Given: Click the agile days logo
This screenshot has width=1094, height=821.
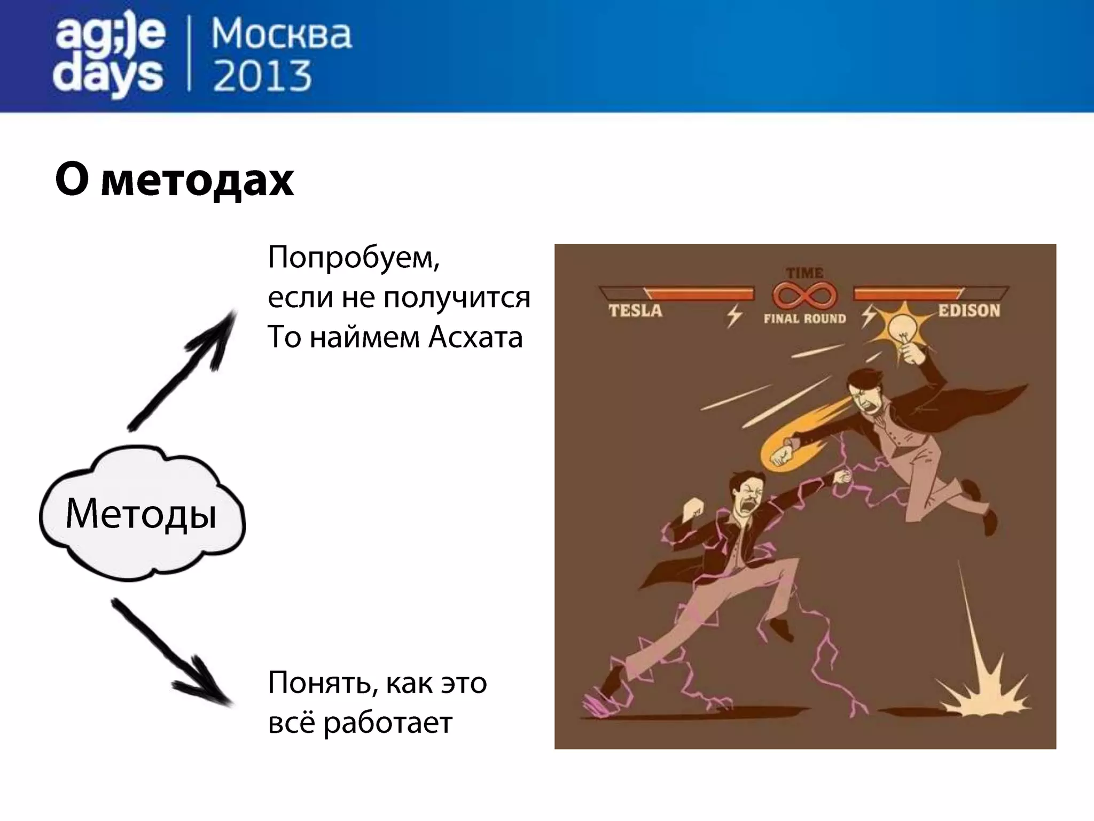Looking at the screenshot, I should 110,56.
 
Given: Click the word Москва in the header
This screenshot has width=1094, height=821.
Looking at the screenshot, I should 282,35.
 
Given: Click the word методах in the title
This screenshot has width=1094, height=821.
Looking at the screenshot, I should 197,180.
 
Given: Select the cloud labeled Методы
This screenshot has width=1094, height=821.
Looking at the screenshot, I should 142,514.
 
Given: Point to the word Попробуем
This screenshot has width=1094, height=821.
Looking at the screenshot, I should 353,258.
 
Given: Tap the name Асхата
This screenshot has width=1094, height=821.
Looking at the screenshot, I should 475,338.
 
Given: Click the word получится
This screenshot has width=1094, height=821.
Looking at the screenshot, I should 457,298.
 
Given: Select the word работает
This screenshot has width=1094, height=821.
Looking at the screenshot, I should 388,723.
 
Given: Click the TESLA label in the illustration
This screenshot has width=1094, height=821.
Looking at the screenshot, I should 635,311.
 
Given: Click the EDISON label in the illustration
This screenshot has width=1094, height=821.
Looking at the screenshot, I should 969,311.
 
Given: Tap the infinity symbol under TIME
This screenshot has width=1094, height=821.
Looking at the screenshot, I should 804,296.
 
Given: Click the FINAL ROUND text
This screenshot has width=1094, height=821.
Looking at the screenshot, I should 804,319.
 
